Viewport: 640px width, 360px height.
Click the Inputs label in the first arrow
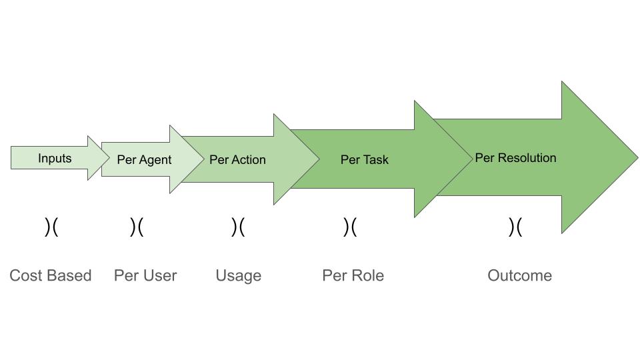click(x=55, y=158)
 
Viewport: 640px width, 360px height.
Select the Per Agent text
click(x=144, y=160)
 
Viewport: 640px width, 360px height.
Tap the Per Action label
click(x=237, y=160)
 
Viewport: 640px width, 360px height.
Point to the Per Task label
click(x=364, y=160)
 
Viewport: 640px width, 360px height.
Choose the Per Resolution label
click(x=515, y=158)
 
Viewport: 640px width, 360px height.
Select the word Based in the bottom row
click(x=71, y=276)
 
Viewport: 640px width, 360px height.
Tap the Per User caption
click(x=145, y=276)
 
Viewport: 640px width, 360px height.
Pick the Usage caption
click(x=238, y=276)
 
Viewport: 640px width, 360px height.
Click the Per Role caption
click(x=353, y=276)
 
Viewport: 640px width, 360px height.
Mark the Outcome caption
click(x=519, y=276)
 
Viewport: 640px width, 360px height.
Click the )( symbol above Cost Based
click(x=51, y=227)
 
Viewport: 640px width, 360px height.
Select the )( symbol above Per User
click(x=137, y=227)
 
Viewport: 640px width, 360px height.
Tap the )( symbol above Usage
click(x=238, y=227)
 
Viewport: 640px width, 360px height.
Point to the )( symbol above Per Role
click(x=350, y=227)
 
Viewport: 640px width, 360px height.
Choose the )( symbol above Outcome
click(x=515, y=227)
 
